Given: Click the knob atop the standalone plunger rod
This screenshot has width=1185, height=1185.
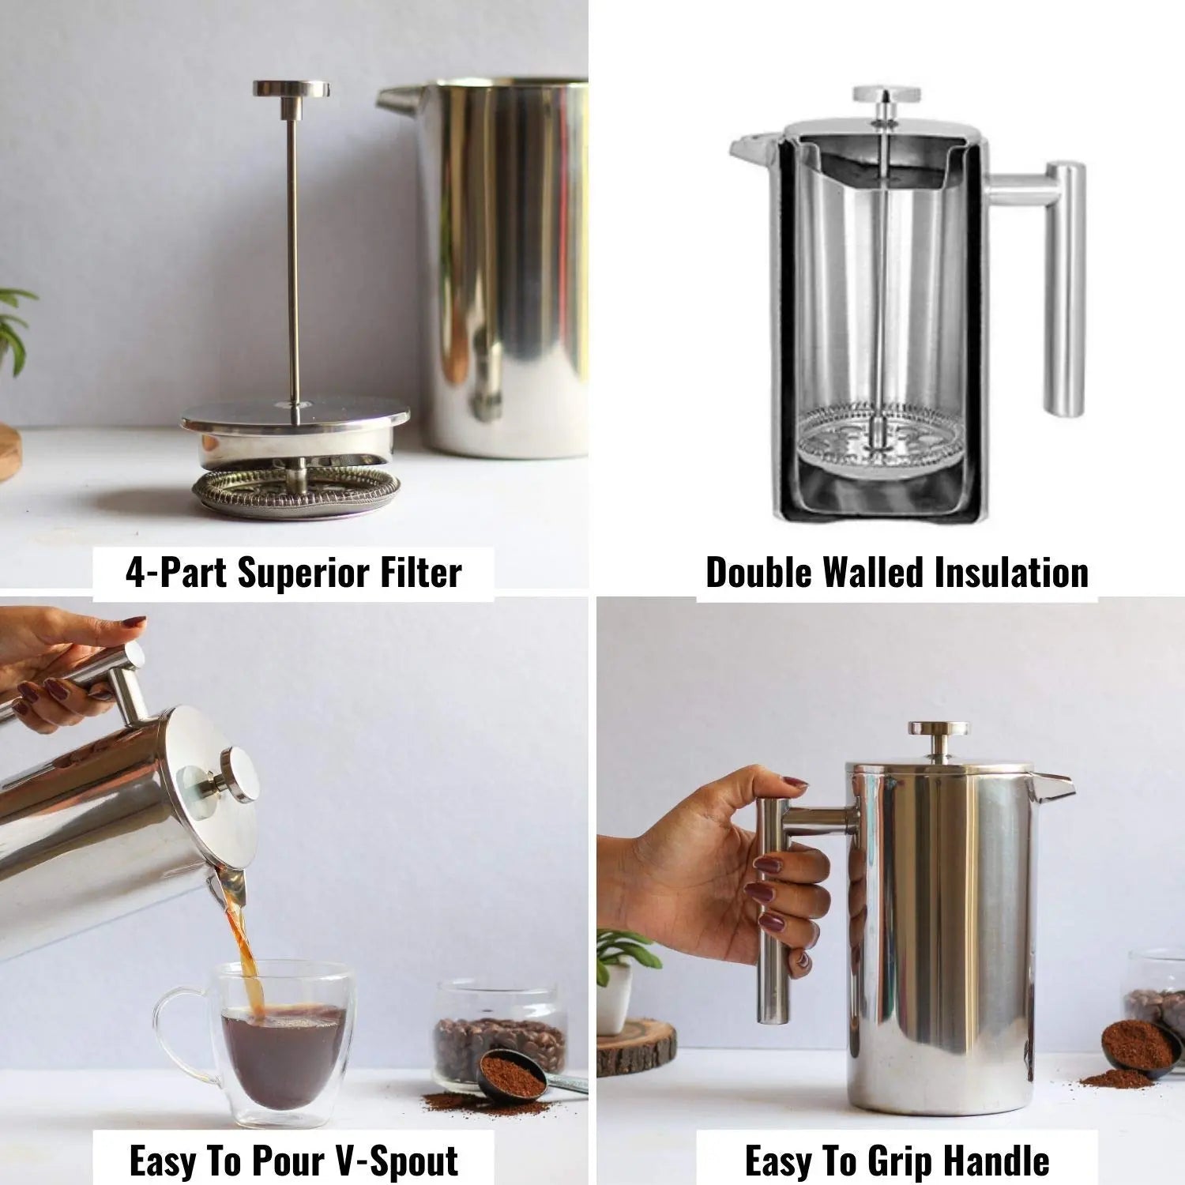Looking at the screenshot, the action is click(x=292, y=88).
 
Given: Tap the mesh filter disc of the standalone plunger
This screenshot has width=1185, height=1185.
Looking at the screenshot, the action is click(x=295, y=492).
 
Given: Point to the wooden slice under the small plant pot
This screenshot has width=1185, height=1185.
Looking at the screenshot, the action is click(x=637, y=1046).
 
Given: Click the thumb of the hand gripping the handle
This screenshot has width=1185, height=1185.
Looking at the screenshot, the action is click(x=770, y=789).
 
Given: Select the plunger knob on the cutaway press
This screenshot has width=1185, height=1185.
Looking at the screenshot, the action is click(x=886, y=95).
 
